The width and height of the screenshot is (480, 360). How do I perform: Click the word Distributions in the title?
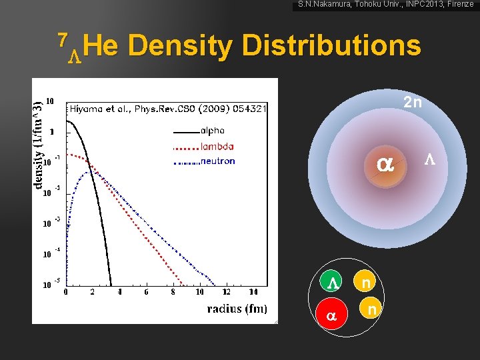331,47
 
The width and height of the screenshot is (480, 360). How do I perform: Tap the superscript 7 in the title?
62,40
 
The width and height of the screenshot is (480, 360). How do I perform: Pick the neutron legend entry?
217,161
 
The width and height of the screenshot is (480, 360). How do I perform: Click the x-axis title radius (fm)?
237,308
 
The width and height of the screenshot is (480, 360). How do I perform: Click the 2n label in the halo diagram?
412,103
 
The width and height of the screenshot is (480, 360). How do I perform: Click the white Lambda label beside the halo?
430,160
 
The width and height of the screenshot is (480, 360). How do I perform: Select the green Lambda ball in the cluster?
333,283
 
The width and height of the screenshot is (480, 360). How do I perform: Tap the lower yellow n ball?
373,310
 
